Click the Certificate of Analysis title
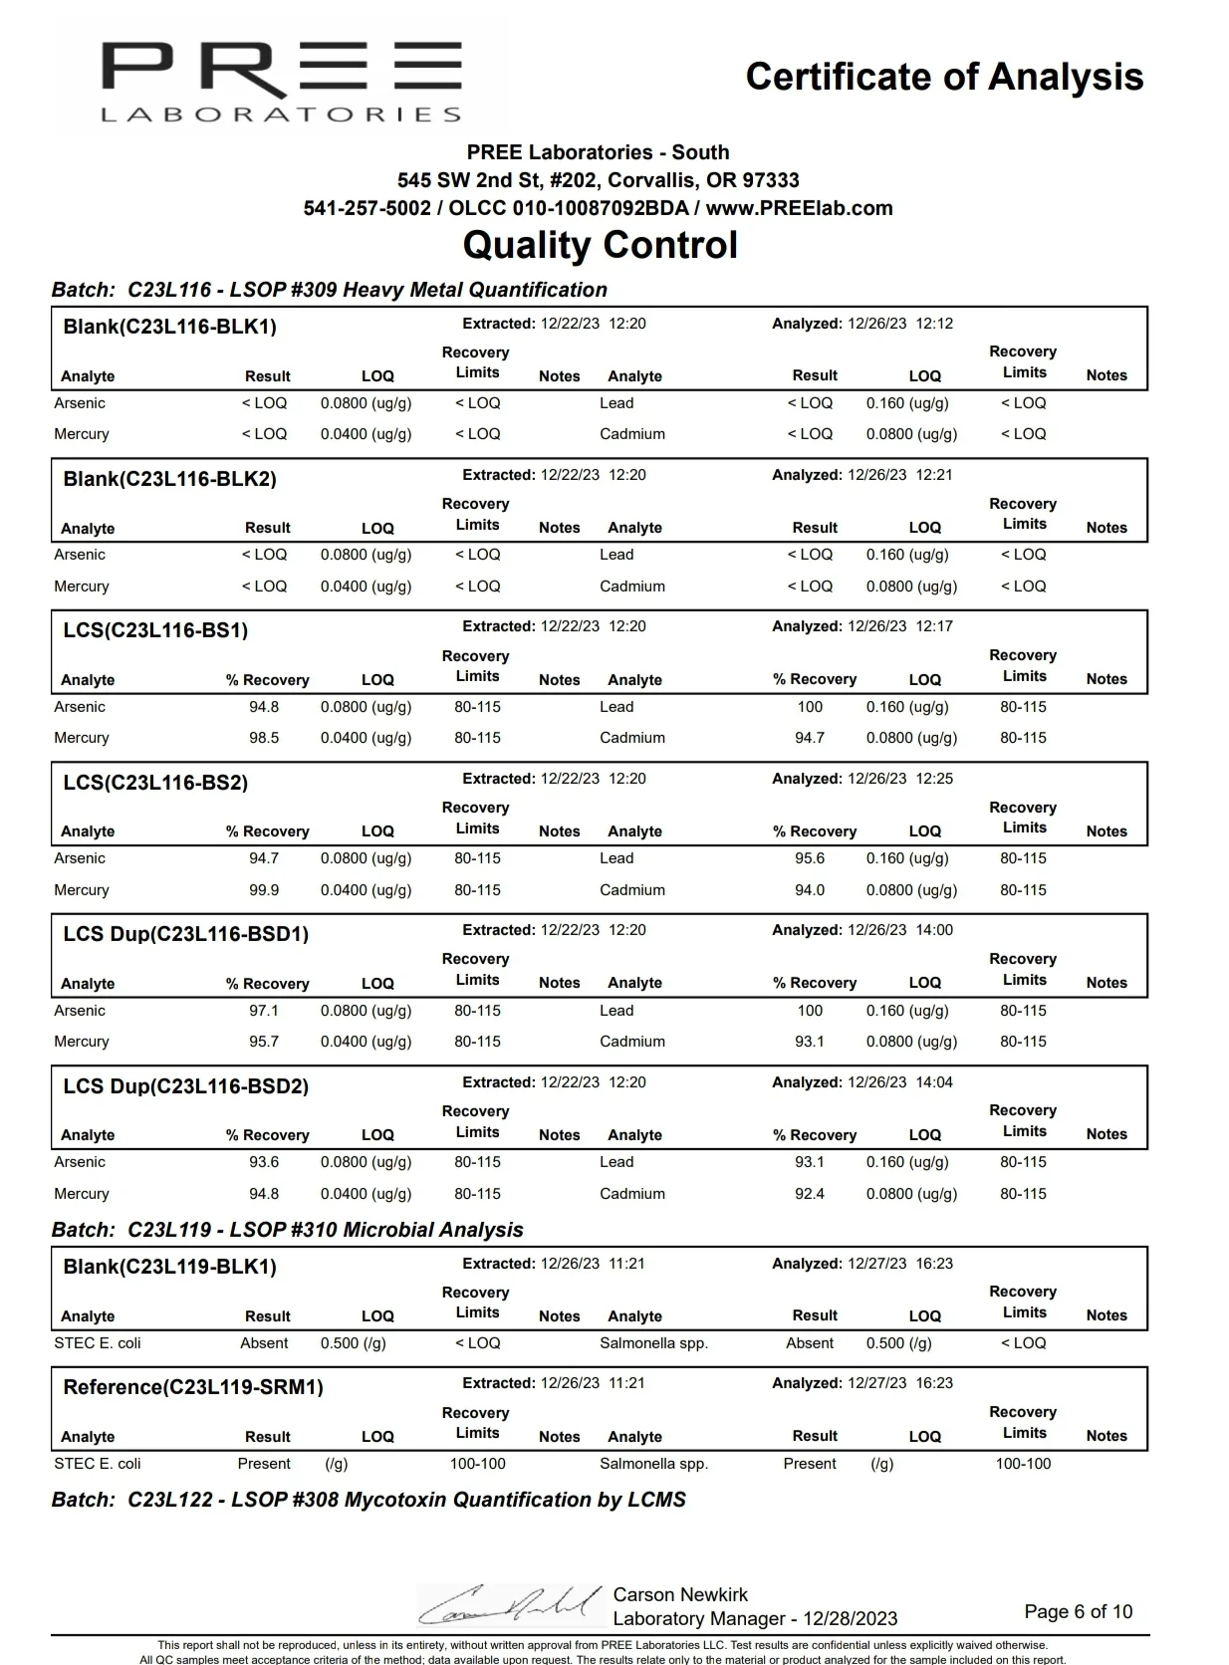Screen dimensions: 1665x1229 pyautogui.click(x=944, y=77)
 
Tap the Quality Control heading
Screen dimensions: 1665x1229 pyautogui.click(x=600, y=245)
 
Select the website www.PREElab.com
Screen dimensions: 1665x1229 pyautogui.click(x=799, y=208)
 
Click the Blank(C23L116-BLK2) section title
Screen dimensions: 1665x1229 pyautogui.click(x=169, y=479)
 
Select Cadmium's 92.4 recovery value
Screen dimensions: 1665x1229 pyautogui.click(x=810, y=1194)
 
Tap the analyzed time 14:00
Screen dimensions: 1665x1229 pyautogui.click(x=934, y=930)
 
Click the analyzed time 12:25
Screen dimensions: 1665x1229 pyautogui.click(x=934, y=779)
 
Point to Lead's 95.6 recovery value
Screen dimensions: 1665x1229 pyautogui.click(x=810, y=858)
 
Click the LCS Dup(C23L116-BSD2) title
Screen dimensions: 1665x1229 pyautogui.click(x=185, y=1086)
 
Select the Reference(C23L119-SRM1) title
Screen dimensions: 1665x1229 pyautogui.click(x=193, y=1388)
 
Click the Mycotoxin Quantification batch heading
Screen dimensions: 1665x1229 pyautogui.click(x=369, y=1500)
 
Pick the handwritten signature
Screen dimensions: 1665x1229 pyautogui.click(x=510, y=1604)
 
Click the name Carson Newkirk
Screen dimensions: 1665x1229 pyautogui.click(x=680, y=1594)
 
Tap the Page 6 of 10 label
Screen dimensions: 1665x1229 pyautogui.click(x=1078, y=1611)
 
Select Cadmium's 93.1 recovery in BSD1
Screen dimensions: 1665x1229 pyautogui.click(x=810, y=1042)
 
